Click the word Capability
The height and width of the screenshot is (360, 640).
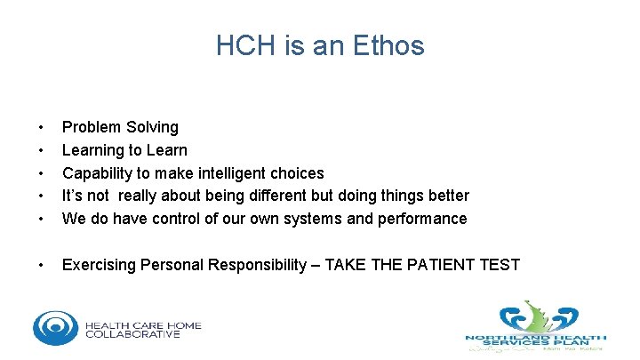tap(97, 172)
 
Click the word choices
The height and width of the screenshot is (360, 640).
tap(297, 172)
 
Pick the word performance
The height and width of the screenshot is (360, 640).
tap(422, 219)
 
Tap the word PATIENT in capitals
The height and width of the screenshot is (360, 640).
tap(438, 264)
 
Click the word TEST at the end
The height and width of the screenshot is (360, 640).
tap(500, 264)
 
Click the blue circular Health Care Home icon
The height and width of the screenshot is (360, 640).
tap(55, 328)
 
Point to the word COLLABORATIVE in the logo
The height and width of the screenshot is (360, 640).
tap(132, 334)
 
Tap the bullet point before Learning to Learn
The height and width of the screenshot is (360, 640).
tap(40, 150)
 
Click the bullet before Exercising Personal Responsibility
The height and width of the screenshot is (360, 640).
tap(40, 264)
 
